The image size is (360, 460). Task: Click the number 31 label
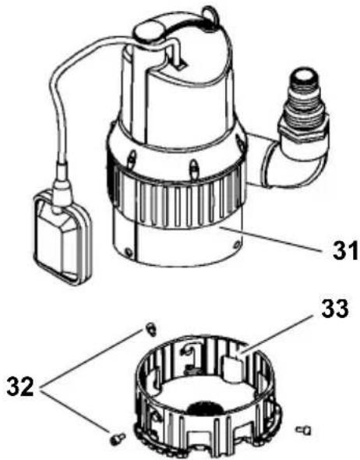[x=345, y=250]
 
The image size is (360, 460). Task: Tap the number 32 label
[x=20, y=387]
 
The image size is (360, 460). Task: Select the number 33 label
[x=335, y=308]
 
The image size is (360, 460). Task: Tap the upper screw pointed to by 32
[x=150, y=329]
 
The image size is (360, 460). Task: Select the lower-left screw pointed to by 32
[x=118, y=439]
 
